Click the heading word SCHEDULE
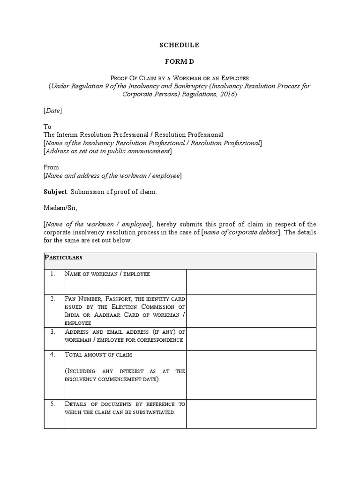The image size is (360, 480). point(180,45)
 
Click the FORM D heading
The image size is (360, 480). point(180,61)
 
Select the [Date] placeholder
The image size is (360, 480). point(52,111)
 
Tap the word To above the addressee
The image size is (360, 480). point(47,127)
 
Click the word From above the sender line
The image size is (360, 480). point(51,167)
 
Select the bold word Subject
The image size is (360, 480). point(55,192)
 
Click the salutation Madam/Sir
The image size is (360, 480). point(59,208)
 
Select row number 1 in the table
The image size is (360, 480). point(53,274)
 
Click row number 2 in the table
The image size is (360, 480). point(53,299)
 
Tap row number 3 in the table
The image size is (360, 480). point(53,331)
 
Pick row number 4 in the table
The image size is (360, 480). point(53,355)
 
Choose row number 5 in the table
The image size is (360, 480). point(53,404)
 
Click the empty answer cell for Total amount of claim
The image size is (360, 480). point(251,374)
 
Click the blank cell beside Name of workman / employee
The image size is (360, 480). point(251,281)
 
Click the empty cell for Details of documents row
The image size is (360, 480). point(251,413)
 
